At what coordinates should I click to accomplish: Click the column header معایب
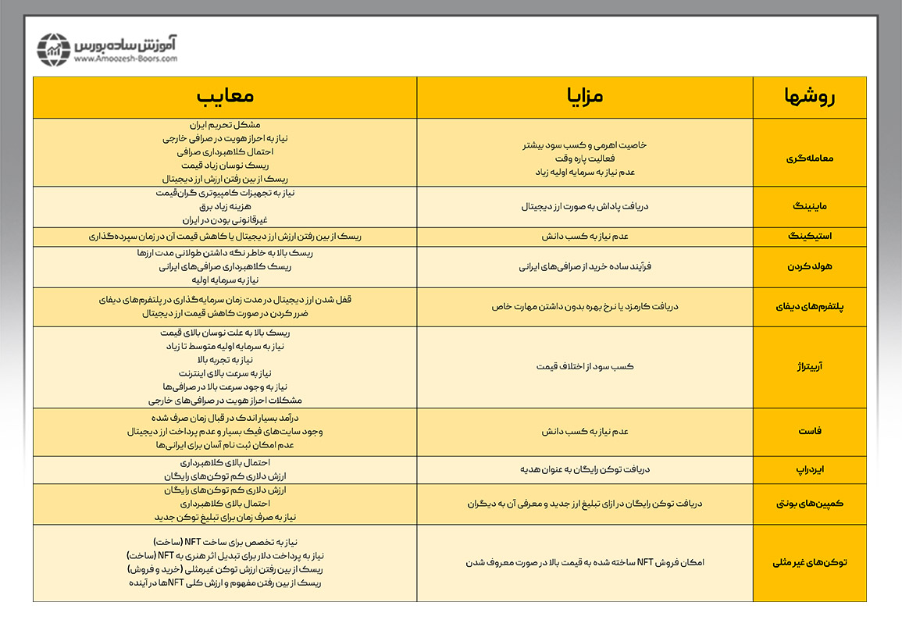point(225,97)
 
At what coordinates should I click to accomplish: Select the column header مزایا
point(584,97)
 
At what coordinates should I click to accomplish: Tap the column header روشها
point(809,97)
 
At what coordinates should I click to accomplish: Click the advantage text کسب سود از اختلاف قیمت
point(584,366)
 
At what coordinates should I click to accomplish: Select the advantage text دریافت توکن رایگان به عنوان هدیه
point(584,469)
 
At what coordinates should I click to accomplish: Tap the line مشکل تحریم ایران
point(225,125)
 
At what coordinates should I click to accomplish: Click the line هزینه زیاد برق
point(225,207)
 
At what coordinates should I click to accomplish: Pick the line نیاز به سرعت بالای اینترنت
point(225,372)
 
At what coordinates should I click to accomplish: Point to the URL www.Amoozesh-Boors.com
point(127,59)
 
